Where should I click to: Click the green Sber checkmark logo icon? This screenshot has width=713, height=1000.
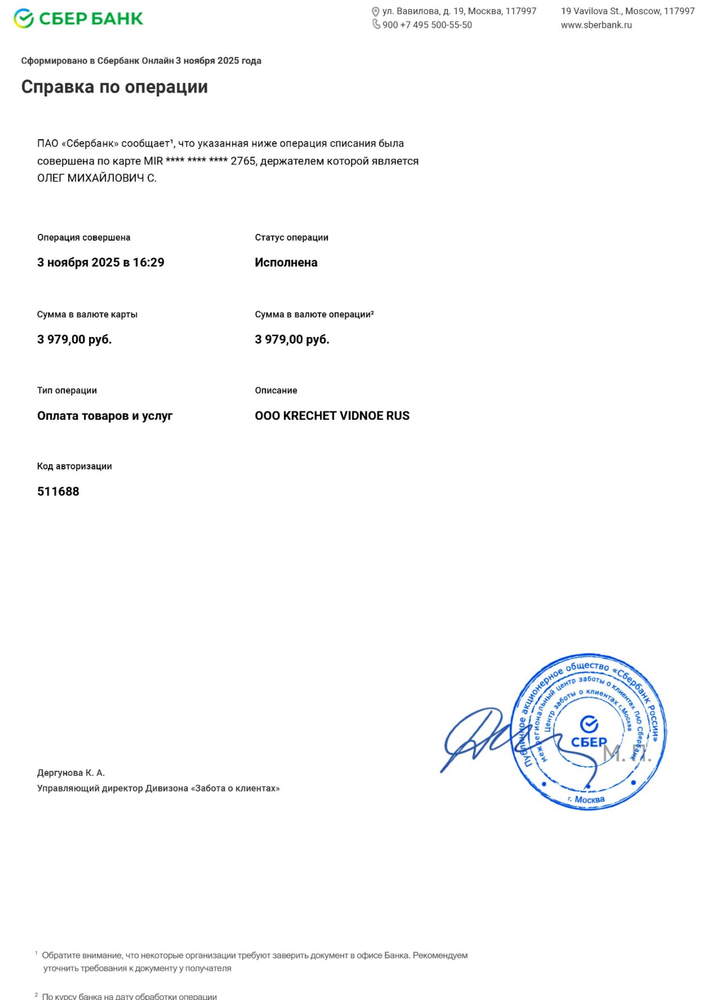(x=24, y=18)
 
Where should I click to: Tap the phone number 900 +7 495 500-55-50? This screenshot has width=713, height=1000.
(x=427, y=25)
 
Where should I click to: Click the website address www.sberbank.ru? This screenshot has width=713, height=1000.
(x=596, y=25)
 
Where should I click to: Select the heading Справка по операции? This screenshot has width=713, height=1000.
(x=114, y=87)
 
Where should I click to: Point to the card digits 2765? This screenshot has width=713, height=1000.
(x=243, y=161)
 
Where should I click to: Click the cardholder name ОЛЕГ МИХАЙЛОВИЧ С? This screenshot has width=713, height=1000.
(x=97, y=178)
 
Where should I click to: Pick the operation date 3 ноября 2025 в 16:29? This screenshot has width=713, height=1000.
(x=101, y=263)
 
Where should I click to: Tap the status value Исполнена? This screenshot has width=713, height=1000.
(x=286, y=263)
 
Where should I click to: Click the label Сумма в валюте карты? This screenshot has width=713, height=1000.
(x=87, y=314)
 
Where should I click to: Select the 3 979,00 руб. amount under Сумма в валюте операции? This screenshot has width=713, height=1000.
(x=292, y=339)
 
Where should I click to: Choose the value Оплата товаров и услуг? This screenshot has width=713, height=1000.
(x=105, y=416)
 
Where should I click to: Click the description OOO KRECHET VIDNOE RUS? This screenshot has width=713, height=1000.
(x=332, y=416)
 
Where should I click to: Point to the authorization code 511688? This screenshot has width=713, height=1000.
(x=58, y=491)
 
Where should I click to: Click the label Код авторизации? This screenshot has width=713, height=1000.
(x=74, y=466)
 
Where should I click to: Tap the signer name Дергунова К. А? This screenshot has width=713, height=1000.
(x=71, y=773)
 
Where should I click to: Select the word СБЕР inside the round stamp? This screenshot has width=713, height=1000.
(x=589, y=742)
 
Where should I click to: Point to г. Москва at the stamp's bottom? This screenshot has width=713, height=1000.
(x=586, y=799)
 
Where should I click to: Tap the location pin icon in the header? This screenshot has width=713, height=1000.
(x=376, y=11)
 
